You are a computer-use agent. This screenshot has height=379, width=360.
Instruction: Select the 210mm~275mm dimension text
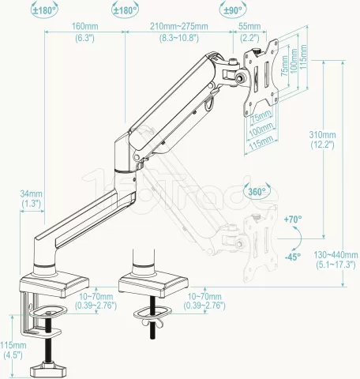coord(178,27)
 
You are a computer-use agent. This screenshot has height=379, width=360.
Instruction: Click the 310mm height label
coord(321,135)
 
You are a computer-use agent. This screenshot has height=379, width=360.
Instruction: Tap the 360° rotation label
coord(254,191)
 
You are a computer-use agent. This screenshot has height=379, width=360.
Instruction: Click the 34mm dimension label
coord(31,193)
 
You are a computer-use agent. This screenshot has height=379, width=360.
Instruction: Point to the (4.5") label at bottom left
coord(13,355)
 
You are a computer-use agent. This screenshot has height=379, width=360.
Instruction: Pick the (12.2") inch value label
coord(321,144)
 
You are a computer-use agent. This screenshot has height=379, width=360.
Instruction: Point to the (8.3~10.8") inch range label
coord(178,37)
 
